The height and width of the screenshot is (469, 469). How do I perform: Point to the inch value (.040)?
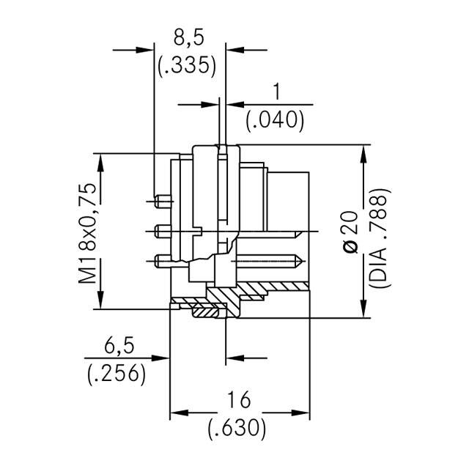[276, 119]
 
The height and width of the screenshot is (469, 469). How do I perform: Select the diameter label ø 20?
[351, 233]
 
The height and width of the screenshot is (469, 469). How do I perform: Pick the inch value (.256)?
[117, 373]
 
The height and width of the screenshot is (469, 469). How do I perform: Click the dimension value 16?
[239, 399]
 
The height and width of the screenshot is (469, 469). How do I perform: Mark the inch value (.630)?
[239, 428]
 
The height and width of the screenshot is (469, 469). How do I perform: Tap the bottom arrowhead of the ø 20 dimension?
[364, 311]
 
